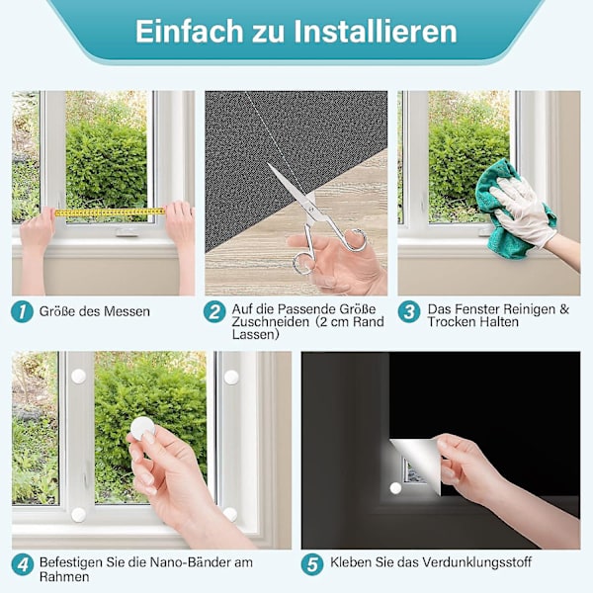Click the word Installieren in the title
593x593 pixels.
click(x=376, y=32)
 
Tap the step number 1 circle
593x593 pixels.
click(x=23, y=311)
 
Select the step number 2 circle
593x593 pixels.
click(x=214, y=311)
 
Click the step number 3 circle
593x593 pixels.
click(x=409, y=311)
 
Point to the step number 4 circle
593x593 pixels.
click(x=23, y=564)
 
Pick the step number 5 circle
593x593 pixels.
click(x=312, y=564)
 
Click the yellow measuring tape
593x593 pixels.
click(x=110, y=212)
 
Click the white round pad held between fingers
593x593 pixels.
click(x=142, y=429)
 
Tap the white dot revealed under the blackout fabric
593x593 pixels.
click(x=395, y=488)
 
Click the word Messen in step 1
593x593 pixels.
click(x=127, y=311)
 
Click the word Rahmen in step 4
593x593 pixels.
click(x=64, y=577)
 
